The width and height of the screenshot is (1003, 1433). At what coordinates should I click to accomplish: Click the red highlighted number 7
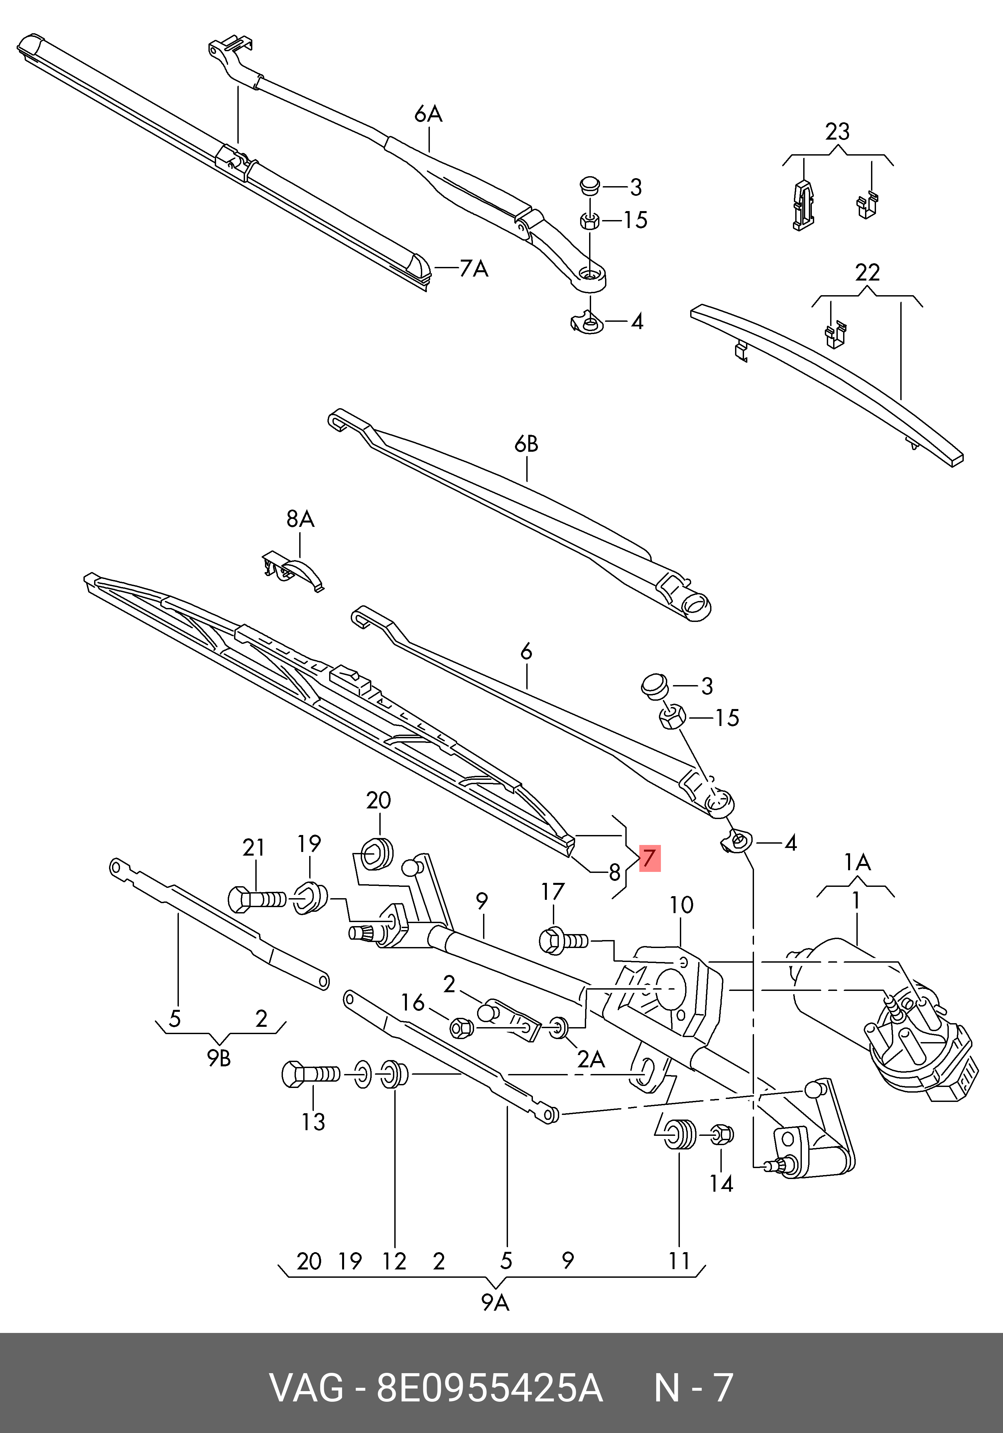(x=649, y=858)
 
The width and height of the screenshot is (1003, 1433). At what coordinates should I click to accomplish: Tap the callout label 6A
(x=428, y=114)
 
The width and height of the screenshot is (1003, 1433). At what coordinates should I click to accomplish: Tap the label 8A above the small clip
(x=300, y=519)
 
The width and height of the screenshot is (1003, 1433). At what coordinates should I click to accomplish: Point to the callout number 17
(x=553, y=892)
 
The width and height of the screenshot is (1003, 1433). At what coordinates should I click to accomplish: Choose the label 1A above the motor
(x=857, y=863)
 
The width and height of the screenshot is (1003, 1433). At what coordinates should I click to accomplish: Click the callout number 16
(x=413, y=1003)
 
